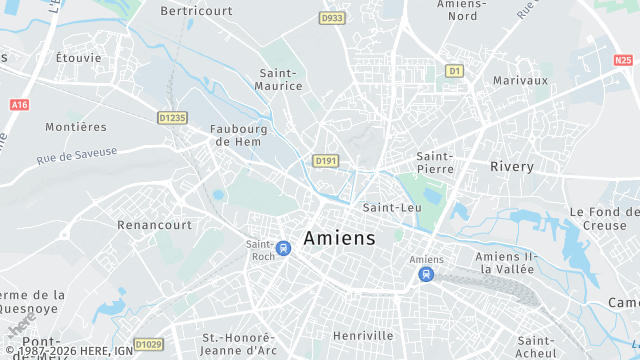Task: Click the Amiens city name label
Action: coord(339,238)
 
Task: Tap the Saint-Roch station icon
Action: coord(284,247)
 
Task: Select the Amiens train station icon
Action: coord(428,273)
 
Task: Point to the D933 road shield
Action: coord(332,18)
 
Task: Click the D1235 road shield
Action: coord(173,117)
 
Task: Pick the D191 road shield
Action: coord(325,160)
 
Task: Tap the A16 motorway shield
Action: coord(18,104)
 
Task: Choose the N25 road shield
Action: coord(623,61)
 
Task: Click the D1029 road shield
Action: coord(148,345)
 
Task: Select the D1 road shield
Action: coord(455,71)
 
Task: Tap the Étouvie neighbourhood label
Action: coord(78,58)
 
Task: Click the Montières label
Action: coord(75,127)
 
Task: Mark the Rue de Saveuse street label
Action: coord(77,154)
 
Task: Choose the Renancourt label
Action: coord(154,225)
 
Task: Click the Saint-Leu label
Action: coord(392,208)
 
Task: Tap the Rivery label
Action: coord(512,167)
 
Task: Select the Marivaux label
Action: coord(520,80)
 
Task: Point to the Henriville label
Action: coord(363,335)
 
